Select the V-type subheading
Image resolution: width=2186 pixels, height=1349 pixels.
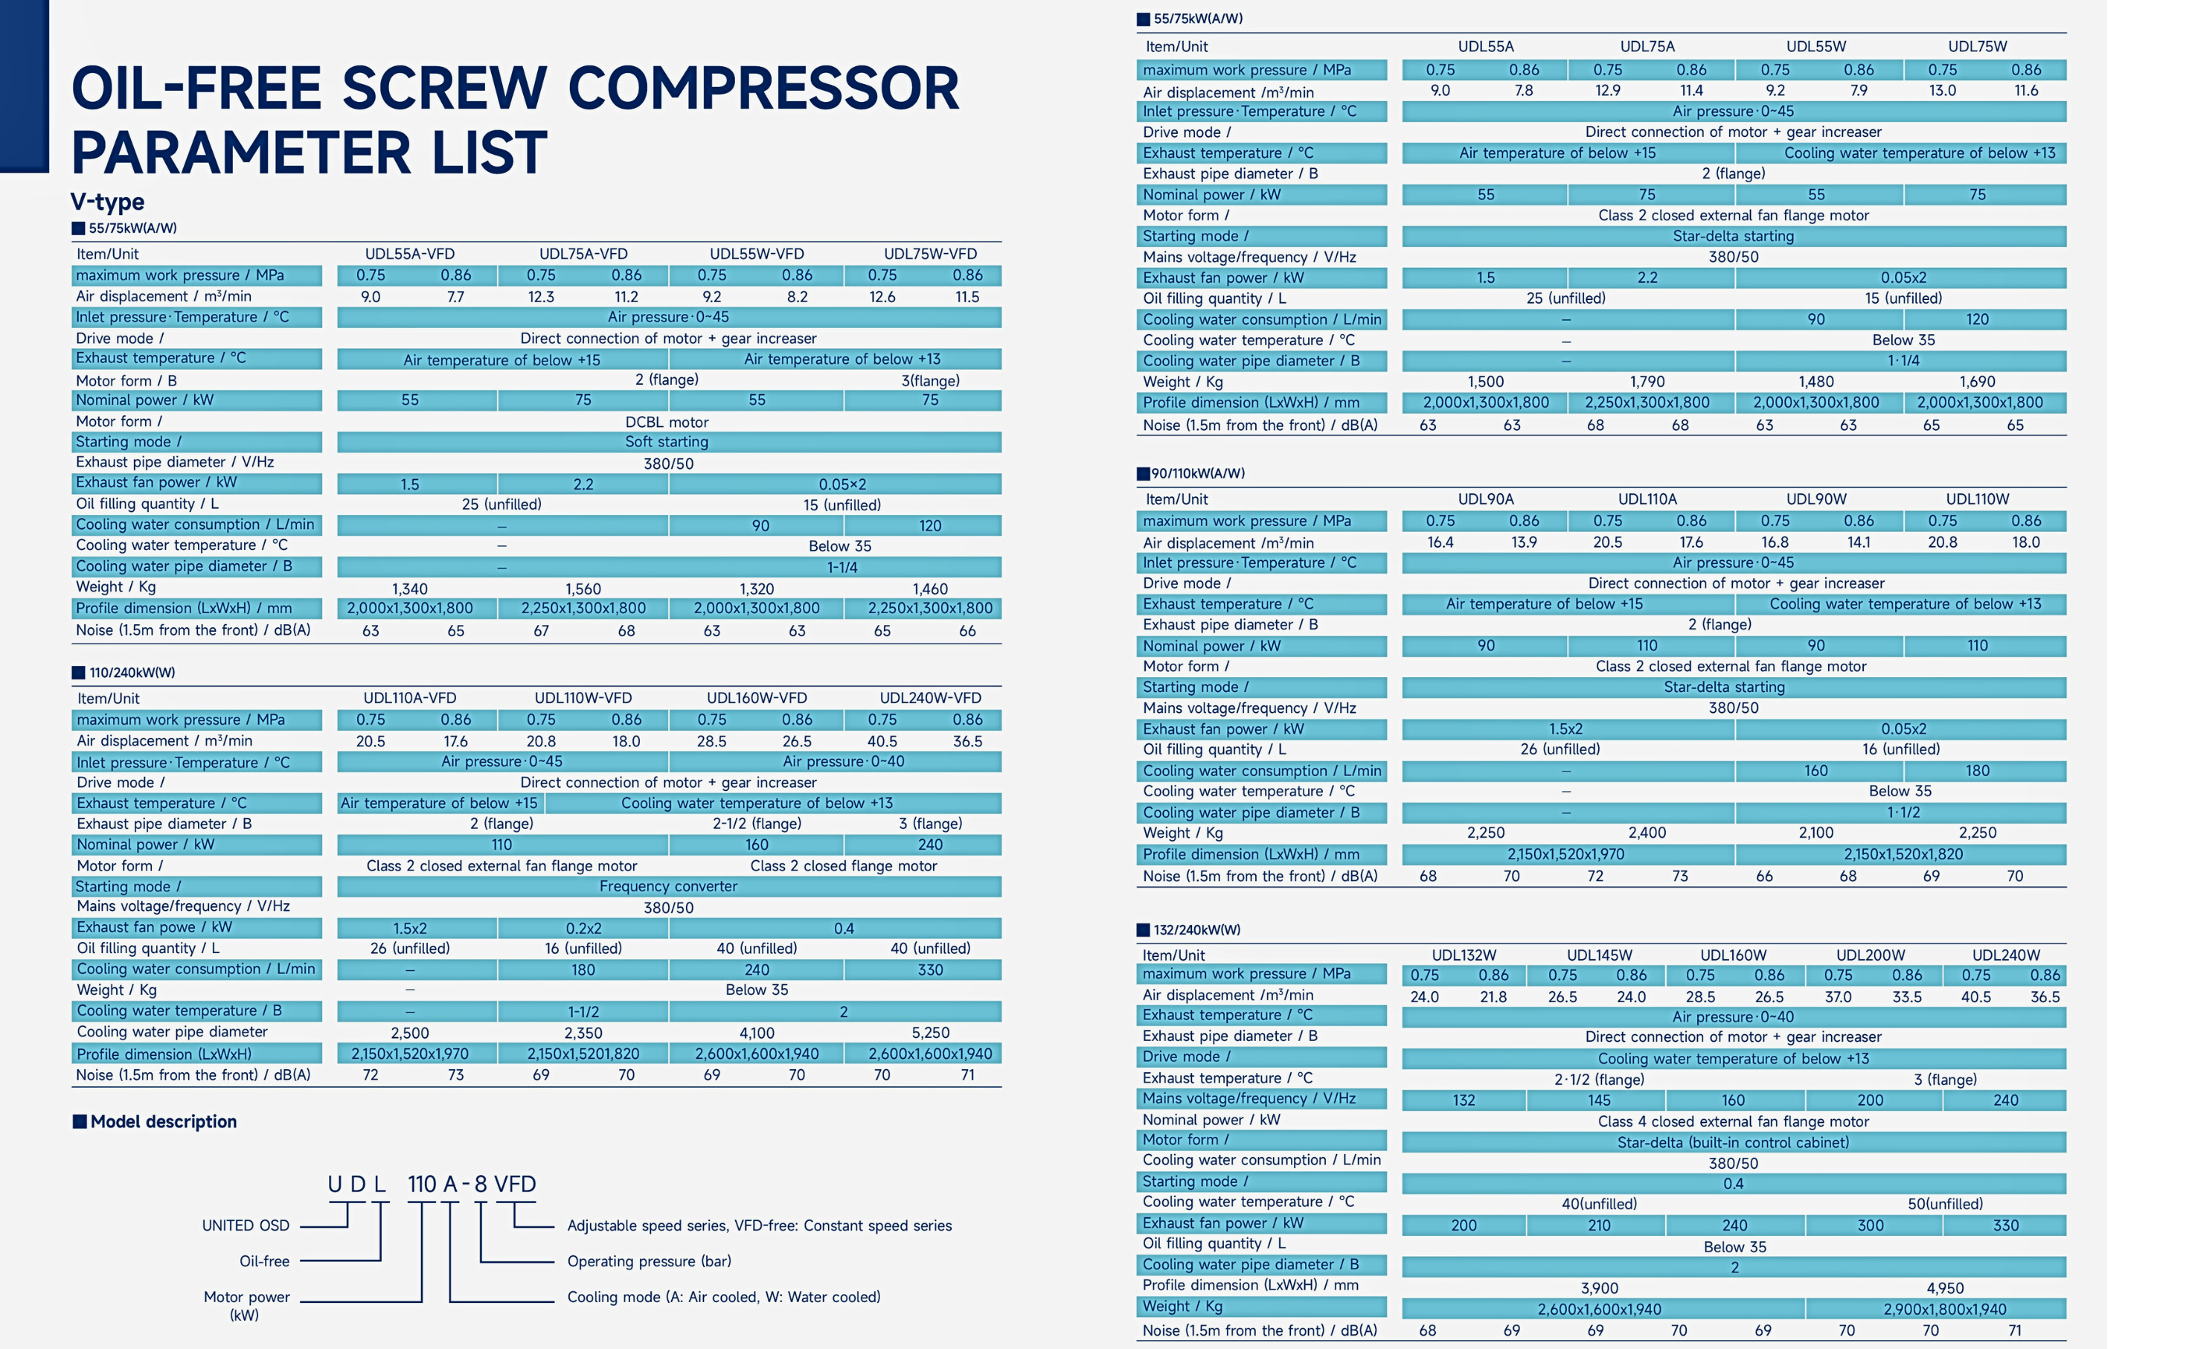point(107,202)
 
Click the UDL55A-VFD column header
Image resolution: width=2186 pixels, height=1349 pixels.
point(409,254)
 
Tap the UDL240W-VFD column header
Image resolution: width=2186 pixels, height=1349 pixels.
point(929,698)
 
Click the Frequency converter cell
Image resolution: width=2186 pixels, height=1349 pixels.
point(668,886)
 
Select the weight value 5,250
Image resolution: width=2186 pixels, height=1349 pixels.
point(929,1032)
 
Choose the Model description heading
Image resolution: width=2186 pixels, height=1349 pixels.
point(163,1121)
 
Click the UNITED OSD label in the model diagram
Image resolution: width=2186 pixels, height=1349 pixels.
point(246,1225)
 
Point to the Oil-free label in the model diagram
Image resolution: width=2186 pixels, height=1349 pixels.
point(264,1260)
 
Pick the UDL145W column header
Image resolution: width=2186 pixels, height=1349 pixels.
point(1598,955)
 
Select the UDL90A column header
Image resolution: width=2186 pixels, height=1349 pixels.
point(1485,499)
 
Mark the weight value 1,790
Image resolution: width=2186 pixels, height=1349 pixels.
point(1647,382)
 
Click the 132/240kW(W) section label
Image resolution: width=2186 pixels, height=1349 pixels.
point(1196,929)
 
